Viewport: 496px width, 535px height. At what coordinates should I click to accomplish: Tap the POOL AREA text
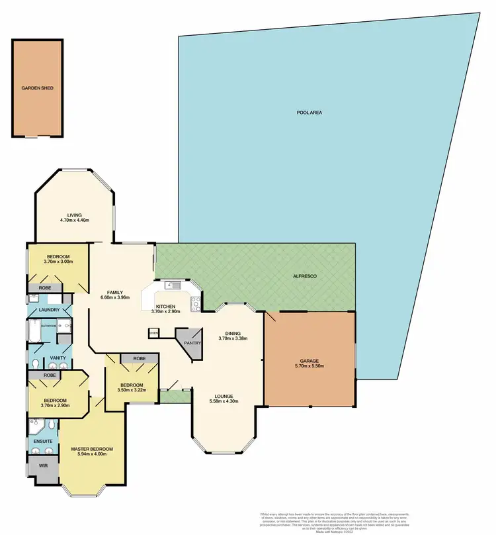[x=309, y=113]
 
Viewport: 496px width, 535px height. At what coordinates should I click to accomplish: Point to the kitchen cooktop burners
[x=196, y=303]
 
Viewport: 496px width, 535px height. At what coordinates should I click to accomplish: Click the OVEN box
[x=154, y=333]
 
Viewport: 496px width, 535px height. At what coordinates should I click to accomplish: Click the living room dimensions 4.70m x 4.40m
[x=74, y=220]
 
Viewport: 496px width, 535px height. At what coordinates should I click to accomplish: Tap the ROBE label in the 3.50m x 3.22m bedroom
[x=140, y=358]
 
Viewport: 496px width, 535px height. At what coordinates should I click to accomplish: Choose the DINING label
[x=233, y=334]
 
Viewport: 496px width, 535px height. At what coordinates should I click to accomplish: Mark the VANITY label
[x=58, y=358]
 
